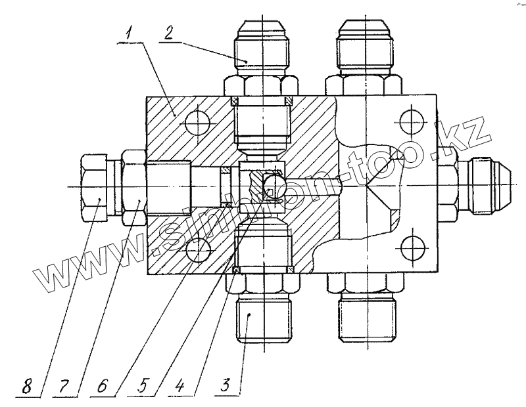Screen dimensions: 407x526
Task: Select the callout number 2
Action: [169, 33]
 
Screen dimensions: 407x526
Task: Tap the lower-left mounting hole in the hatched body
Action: [196, 249]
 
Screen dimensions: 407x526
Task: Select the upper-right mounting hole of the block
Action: [410, 121]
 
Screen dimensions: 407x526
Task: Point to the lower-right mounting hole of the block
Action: [410, 248]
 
